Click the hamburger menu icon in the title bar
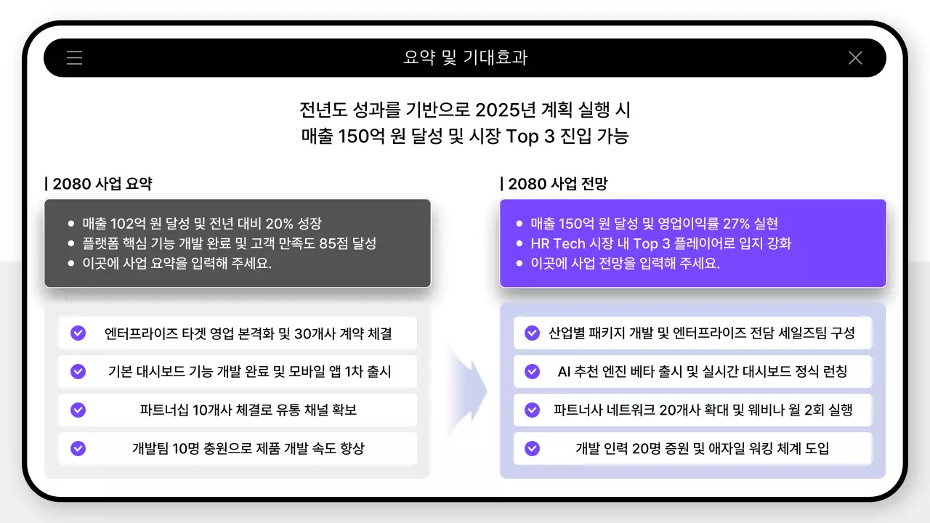[x=74, y=58]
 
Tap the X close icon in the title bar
[x=855, y=58]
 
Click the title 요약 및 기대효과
[x=465, y=58]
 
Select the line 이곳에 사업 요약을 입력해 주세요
[x=177, y=263]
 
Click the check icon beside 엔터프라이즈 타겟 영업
[x=78, y=333]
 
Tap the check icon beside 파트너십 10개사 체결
[x=78, y=410]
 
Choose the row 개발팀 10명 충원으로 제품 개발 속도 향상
[x=248, y=449]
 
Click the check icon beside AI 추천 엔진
[x=532, y=372]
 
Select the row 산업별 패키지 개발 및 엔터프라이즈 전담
[x=701, y=333]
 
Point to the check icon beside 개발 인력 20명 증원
[x=532, y=449]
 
